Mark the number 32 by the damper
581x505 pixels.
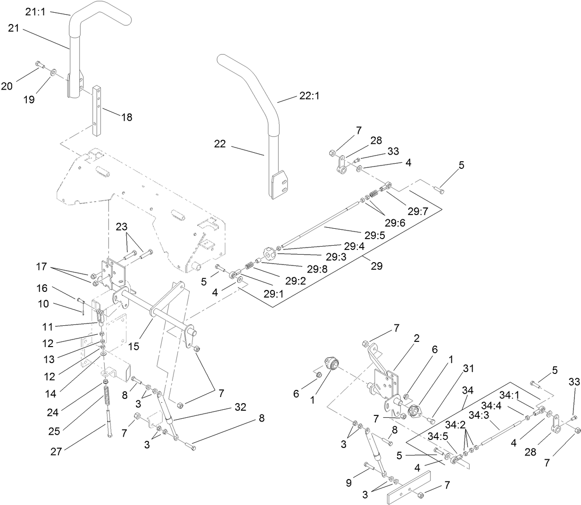tap(240, 407)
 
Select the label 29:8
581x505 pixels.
tap(317, 269)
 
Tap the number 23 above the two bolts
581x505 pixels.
tap(122, 226)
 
